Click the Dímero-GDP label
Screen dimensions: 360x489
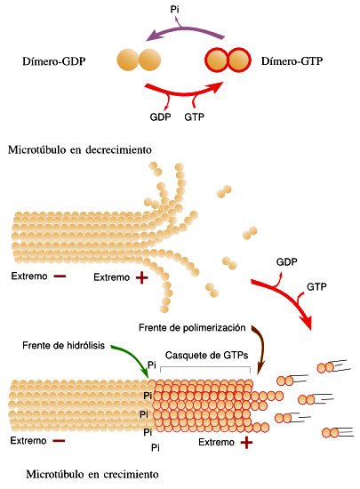click(x=54, y=61)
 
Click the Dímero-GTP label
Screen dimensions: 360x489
click(x=292, y=61)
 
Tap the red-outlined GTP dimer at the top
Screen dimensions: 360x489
click(x=228, y=60)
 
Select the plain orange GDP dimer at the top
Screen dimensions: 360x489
click(x=139, y=60)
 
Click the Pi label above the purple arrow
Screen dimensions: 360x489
click(x=174, y=10)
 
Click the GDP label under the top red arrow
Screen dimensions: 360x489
click(x=160, y=117)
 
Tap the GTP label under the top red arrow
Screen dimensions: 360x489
click(x=194, y=117)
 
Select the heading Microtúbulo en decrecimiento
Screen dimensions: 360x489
click(x=80, y=149)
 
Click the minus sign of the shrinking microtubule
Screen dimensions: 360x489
click(x=60, y=277)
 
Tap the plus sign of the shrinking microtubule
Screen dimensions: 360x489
click(x=142, y=277)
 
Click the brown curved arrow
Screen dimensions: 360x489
click(x=261, y=346)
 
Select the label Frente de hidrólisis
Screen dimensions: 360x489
click(x=64, y=346)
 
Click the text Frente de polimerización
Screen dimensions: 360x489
click(x=192, y=328)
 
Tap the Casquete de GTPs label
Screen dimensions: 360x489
click(x=206, y=356)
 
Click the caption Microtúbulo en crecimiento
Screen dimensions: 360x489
click(x=92, y=475)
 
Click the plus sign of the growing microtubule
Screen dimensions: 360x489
click(x=246, y=442)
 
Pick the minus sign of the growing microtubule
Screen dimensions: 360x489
click(x=59, y=441)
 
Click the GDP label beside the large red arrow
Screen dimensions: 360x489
click(x=287, y=262)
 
